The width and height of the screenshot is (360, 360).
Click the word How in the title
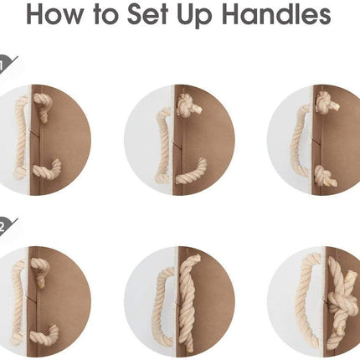pyautogui.click(x=54, y=14)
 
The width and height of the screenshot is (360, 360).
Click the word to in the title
pyautogui.click(x=105, y=15)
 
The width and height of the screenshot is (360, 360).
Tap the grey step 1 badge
pyautogui.click(x=6, y=64)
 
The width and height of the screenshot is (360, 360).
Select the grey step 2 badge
pyautogui.click(x=6, y=227)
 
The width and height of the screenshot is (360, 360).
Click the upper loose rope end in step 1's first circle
pyautogui.click(x=43, y=106)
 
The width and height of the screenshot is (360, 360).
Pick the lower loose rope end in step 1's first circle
pyautogui.click(x=48, y=169)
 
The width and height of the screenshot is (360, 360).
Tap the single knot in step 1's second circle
pyautogui.click(x=188, y=106)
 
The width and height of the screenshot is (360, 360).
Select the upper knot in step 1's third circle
pyautogui.click(x=327, y=102)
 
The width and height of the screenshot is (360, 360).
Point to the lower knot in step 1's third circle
pyautogui.click(x=325, y=177)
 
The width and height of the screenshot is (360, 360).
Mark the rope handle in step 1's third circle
pyautogui.click(x=300, y=141)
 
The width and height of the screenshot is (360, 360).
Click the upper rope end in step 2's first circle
pyautogui.click(x=41, y=271)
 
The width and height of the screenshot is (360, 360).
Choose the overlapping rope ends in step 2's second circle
pyautogui.click(x=188, y=302)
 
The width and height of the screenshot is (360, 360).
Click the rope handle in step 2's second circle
pyautogui.click(x=162, y=307)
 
